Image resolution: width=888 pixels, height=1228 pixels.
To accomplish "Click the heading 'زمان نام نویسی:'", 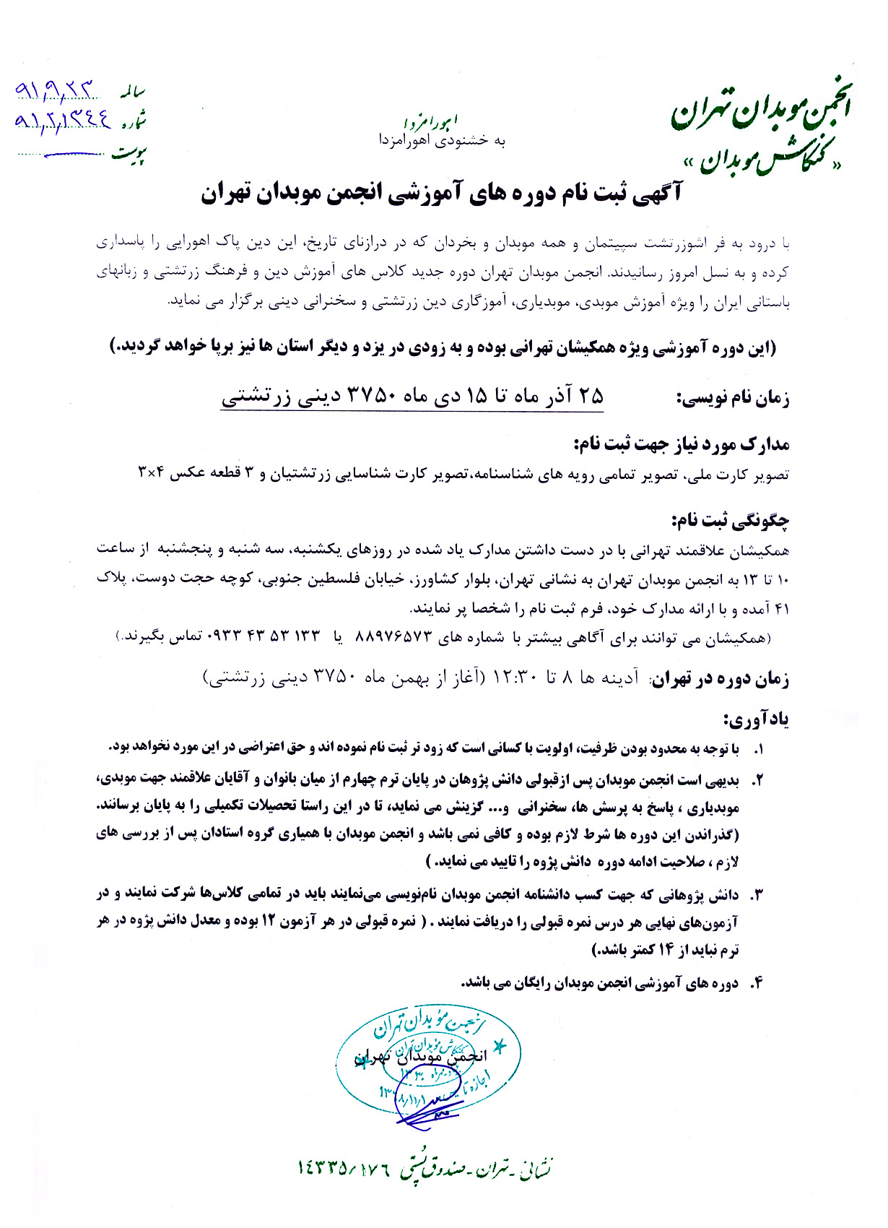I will (733, 398).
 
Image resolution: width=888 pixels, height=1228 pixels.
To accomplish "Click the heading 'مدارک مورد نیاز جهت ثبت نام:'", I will (682, 444).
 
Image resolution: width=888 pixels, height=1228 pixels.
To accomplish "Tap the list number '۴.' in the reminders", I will (757, 983).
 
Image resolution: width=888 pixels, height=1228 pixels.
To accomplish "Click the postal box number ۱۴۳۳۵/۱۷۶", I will (344, 1167).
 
